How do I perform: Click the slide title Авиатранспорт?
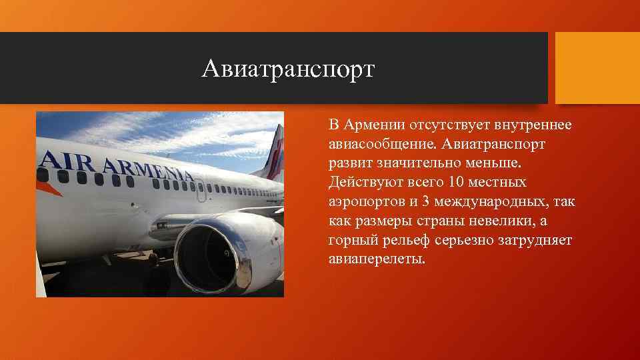(x=289, y=68)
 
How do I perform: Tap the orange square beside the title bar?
(x=597, y=68)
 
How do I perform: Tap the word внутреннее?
(x=537, y=125)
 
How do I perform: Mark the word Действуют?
(x=363, y=182)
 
